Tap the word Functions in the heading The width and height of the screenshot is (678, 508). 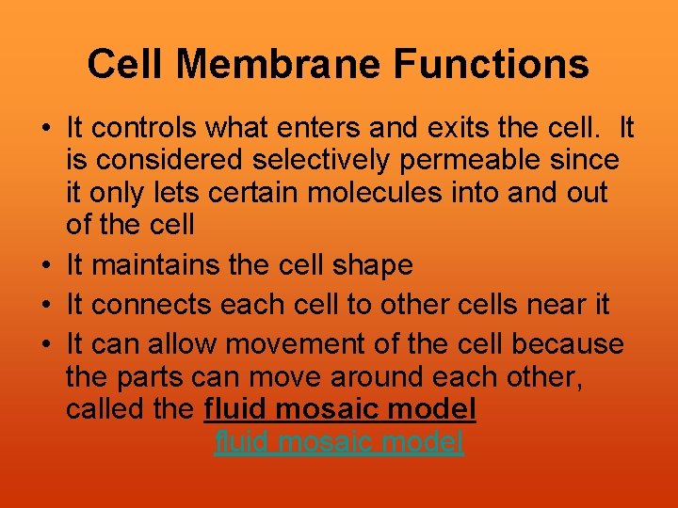tap(492, 65)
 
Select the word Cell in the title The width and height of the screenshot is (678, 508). tap(126, 65)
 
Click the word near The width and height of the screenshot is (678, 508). tap(550, 305)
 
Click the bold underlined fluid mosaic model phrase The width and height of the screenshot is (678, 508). tap(339, 410)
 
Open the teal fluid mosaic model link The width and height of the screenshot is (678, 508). tap(339, 442)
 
